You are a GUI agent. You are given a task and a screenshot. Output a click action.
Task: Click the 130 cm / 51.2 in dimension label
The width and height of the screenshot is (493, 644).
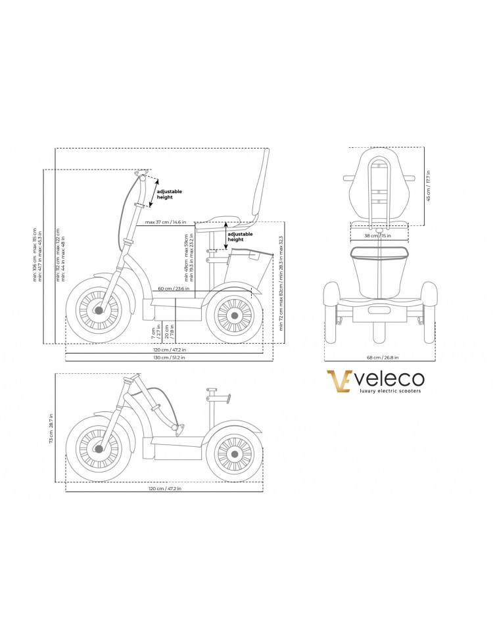pyautogui.click(x=170, y=357)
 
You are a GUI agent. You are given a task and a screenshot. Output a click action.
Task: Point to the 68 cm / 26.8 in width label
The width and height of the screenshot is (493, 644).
pyautogui.click(x=383, y=357)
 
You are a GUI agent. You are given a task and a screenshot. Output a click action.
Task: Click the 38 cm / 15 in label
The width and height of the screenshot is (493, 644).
pyautogui.click(x=379, y=235)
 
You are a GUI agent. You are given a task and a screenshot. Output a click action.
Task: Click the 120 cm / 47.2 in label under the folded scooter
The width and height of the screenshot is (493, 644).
pyautogui.click(x=165, y=488)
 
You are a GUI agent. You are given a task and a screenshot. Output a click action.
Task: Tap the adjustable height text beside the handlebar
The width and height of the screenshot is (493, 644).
pyautogui.click(x=169, y=194)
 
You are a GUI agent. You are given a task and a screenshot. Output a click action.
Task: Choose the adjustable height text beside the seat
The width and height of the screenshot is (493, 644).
pyautogui.click(x=239, y=237)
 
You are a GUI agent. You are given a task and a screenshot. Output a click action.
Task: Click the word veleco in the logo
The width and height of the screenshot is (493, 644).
pyautogui.click(x=390, y=380)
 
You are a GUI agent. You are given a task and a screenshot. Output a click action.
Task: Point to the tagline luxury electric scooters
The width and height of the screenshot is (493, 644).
pyautogui.click(x=389, y=392)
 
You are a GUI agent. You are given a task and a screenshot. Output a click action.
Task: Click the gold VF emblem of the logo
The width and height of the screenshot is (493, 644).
pyautogui.click(x=339, y=382)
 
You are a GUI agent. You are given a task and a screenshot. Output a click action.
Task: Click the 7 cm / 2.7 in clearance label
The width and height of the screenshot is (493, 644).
pyautogui.click(x=155, y=333)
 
